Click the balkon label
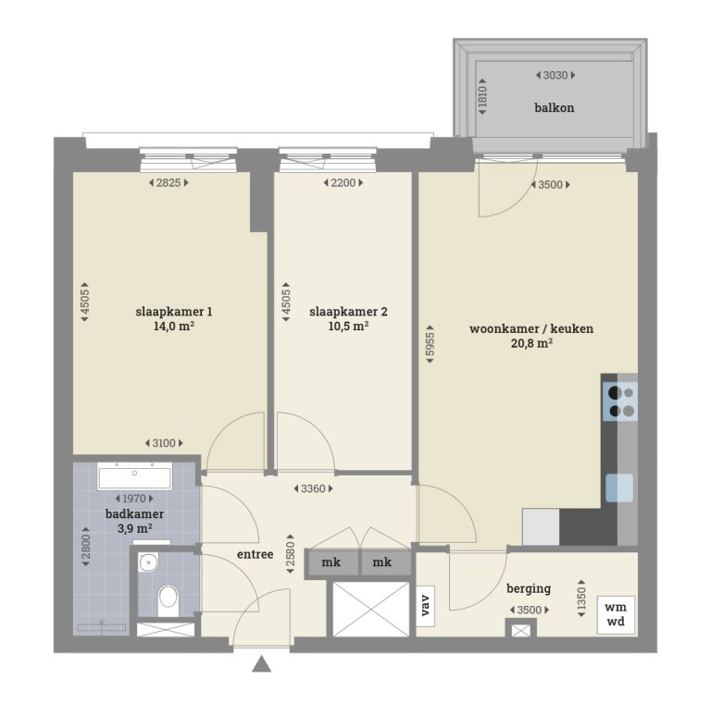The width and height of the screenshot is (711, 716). pyautogui.click(x=554, y=108)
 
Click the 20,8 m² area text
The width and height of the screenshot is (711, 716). pyautogui.click(x=530, y=343)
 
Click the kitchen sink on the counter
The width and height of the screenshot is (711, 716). pyautogui.click(x=619, y=487)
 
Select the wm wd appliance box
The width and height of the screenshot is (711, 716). pyautogui.click(x=616, y=613)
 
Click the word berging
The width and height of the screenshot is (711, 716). pyautogui.click(x=529, y=587)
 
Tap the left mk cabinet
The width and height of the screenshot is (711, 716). pyautogui.click(x=331, y=562)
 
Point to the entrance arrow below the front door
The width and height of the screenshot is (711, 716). pyautogui.click(x=263, y=663)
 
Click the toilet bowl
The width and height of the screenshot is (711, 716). pyautogui.click(x=168, y=598)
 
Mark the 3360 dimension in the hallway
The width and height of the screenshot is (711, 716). pyautogui.click(x=311, y=488)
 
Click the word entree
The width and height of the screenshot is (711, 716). pyautogui.click(x=255, y=554)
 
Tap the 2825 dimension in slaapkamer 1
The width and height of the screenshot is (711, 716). pyautogui.click(x=168, y=183)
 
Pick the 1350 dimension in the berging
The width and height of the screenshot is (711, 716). pyautogui.click(x=581, y=597)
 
